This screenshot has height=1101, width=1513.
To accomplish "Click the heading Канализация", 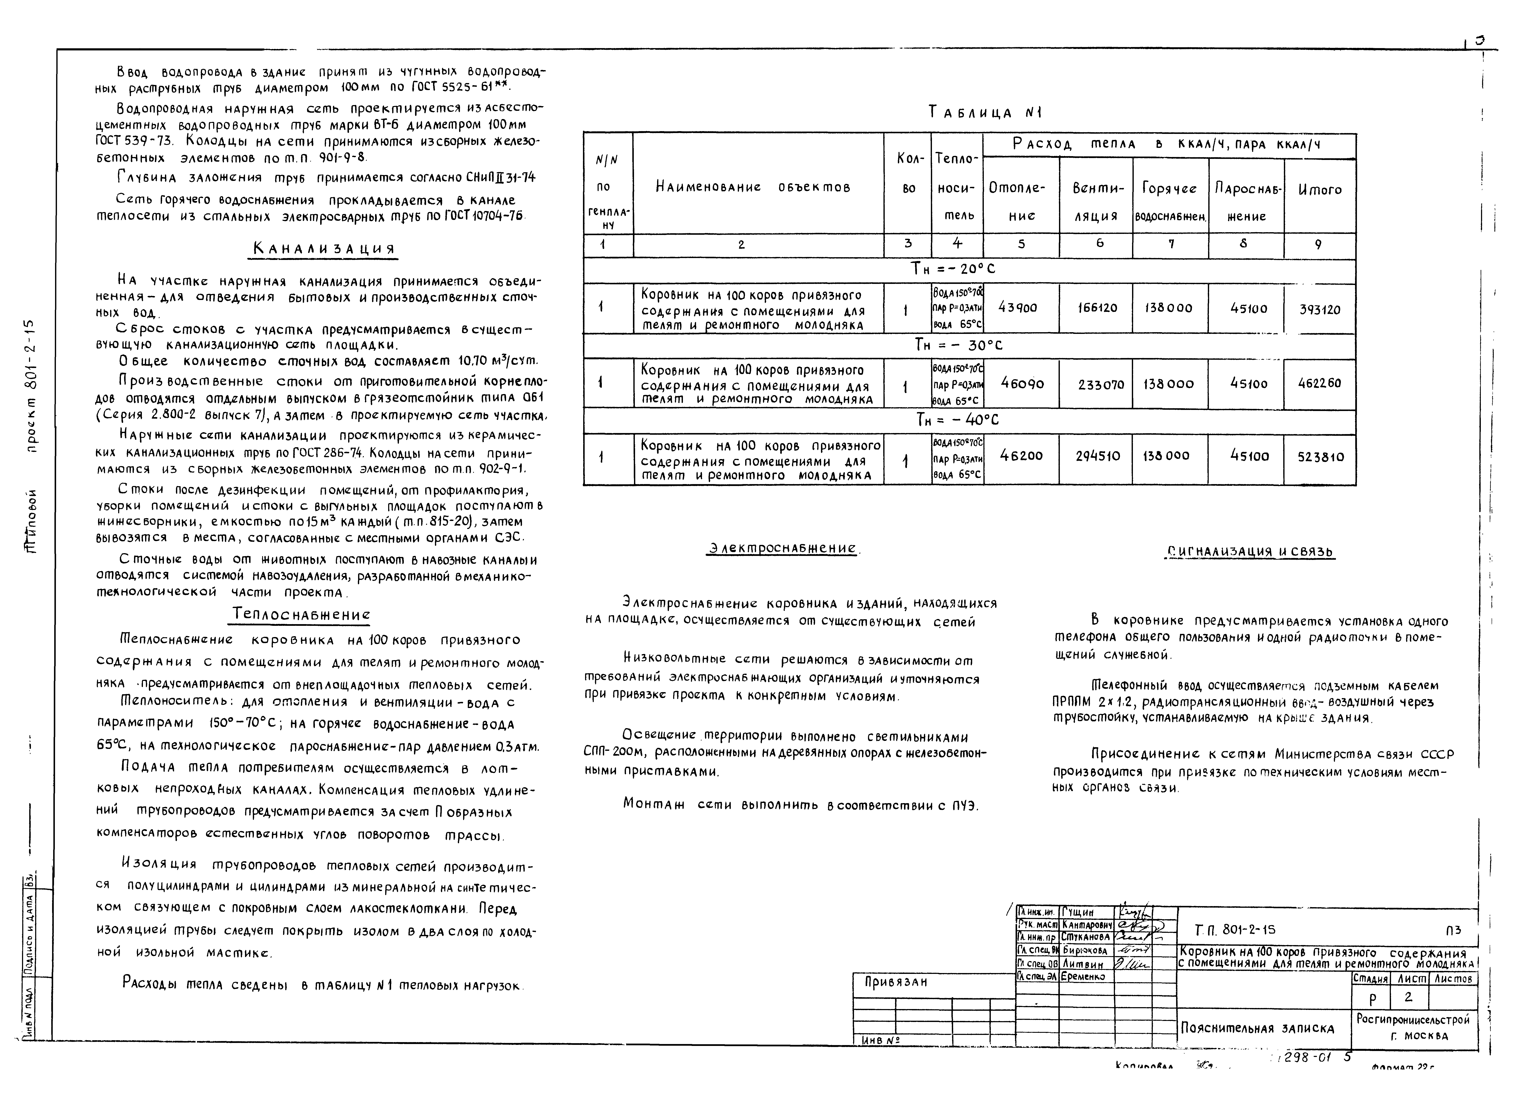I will click(x=324, y=249).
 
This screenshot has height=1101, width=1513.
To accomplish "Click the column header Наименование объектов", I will click(x=753, y=187).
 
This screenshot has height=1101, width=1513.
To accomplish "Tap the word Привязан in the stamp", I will click(x=896, y=982).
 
